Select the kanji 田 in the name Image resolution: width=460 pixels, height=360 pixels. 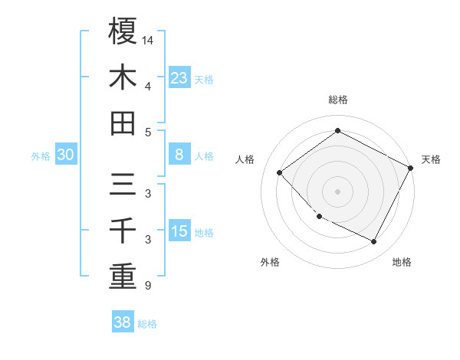click(x=123, y=123)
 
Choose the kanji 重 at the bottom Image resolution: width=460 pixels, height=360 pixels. click(x=123, y=277)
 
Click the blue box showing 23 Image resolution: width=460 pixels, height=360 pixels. click(x=179, y=77)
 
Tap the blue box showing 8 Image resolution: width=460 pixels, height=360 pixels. click(x=179, y=155)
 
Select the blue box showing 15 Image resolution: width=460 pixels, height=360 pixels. click(x=179, y=231)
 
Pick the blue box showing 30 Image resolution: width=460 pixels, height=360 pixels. click(x=66, y=155)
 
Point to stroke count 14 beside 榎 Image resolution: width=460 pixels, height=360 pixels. click(x=148, y=39)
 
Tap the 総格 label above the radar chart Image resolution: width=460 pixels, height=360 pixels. click(x=338, y=100)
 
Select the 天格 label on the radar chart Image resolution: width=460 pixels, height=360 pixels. click(x=431, y=159)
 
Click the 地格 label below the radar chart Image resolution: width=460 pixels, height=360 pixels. click(x=402, y=262)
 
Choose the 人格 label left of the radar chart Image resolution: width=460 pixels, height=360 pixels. click(x=245, y=159)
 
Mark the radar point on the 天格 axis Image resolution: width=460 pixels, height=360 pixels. click(x=411, y=168)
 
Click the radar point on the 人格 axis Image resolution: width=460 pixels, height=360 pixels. click(x=280, y=173)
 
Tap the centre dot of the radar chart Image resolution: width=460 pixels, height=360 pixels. click(x=338, y=191)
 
